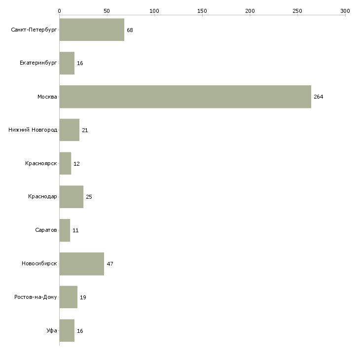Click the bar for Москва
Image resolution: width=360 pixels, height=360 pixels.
coord(185,97)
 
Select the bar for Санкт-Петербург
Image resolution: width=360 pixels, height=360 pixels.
coord(92,30)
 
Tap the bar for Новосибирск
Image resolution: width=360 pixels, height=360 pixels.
coord(81,264)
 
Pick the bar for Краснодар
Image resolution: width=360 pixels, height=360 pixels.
coord(71,197)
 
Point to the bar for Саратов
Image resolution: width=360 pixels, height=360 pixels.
coord(65,230)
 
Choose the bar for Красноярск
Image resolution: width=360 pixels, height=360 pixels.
coord(65,163)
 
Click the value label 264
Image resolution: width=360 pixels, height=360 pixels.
coord(319,97)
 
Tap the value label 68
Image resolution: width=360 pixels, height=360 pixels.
coord(130,30)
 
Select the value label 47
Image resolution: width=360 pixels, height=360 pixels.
coord(110,264)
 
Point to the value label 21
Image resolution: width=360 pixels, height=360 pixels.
coord(85,130)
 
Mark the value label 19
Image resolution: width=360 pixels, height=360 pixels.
coord(83,297)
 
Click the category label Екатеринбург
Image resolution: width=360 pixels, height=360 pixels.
coord(38,63)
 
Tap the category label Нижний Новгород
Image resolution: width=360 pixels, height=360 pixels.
coord(33,130)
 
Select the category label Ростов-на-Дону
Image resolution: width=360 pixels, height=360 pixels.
coord(36,297)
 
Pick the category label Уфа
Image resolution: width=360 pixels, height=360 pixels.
coord(52,331)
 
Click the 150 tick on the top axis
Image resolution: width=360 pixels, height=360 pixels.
coord(202,10)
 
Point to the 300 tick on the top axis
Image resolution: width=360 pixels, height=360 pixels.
coord(345,10)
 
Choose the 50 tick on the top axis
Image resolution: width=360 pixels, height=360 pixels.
coord(107,10)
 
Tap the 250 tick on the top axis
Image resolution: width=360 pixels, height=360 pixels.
coord(297,10)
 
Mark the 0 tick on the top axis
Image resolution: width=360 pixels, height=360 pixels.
coord(59,10)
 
